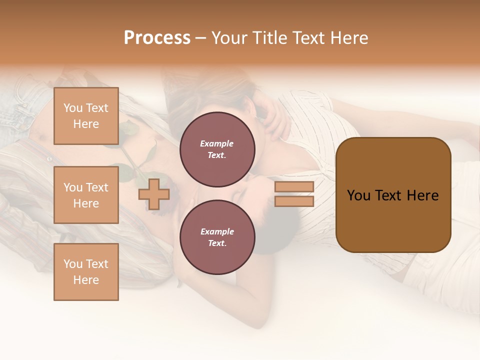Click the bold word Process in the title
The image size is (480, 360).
157,38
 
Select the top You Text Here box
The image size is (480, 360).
86,116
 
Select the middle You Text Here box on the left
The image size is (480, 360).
86,195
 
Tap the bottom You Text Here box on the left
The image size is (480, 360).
86,272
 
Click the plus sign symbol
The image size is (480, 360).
154,194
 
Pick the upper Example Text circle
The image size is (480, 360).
217,149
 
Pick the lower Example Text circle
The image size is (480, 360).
217,237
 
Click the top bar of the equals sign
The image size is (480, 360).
294,187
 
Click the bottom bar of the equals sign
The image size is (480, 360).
294,201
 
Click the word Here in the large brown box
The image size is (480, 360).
422,195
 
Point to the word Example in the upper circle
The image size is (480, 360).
217,143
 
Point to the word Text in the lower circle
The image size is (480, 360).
217,243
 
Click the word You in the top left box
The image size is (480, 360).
73,108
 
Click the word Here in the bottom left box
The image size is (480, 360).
86,280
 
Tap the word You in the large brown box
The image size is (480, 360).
358,195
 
